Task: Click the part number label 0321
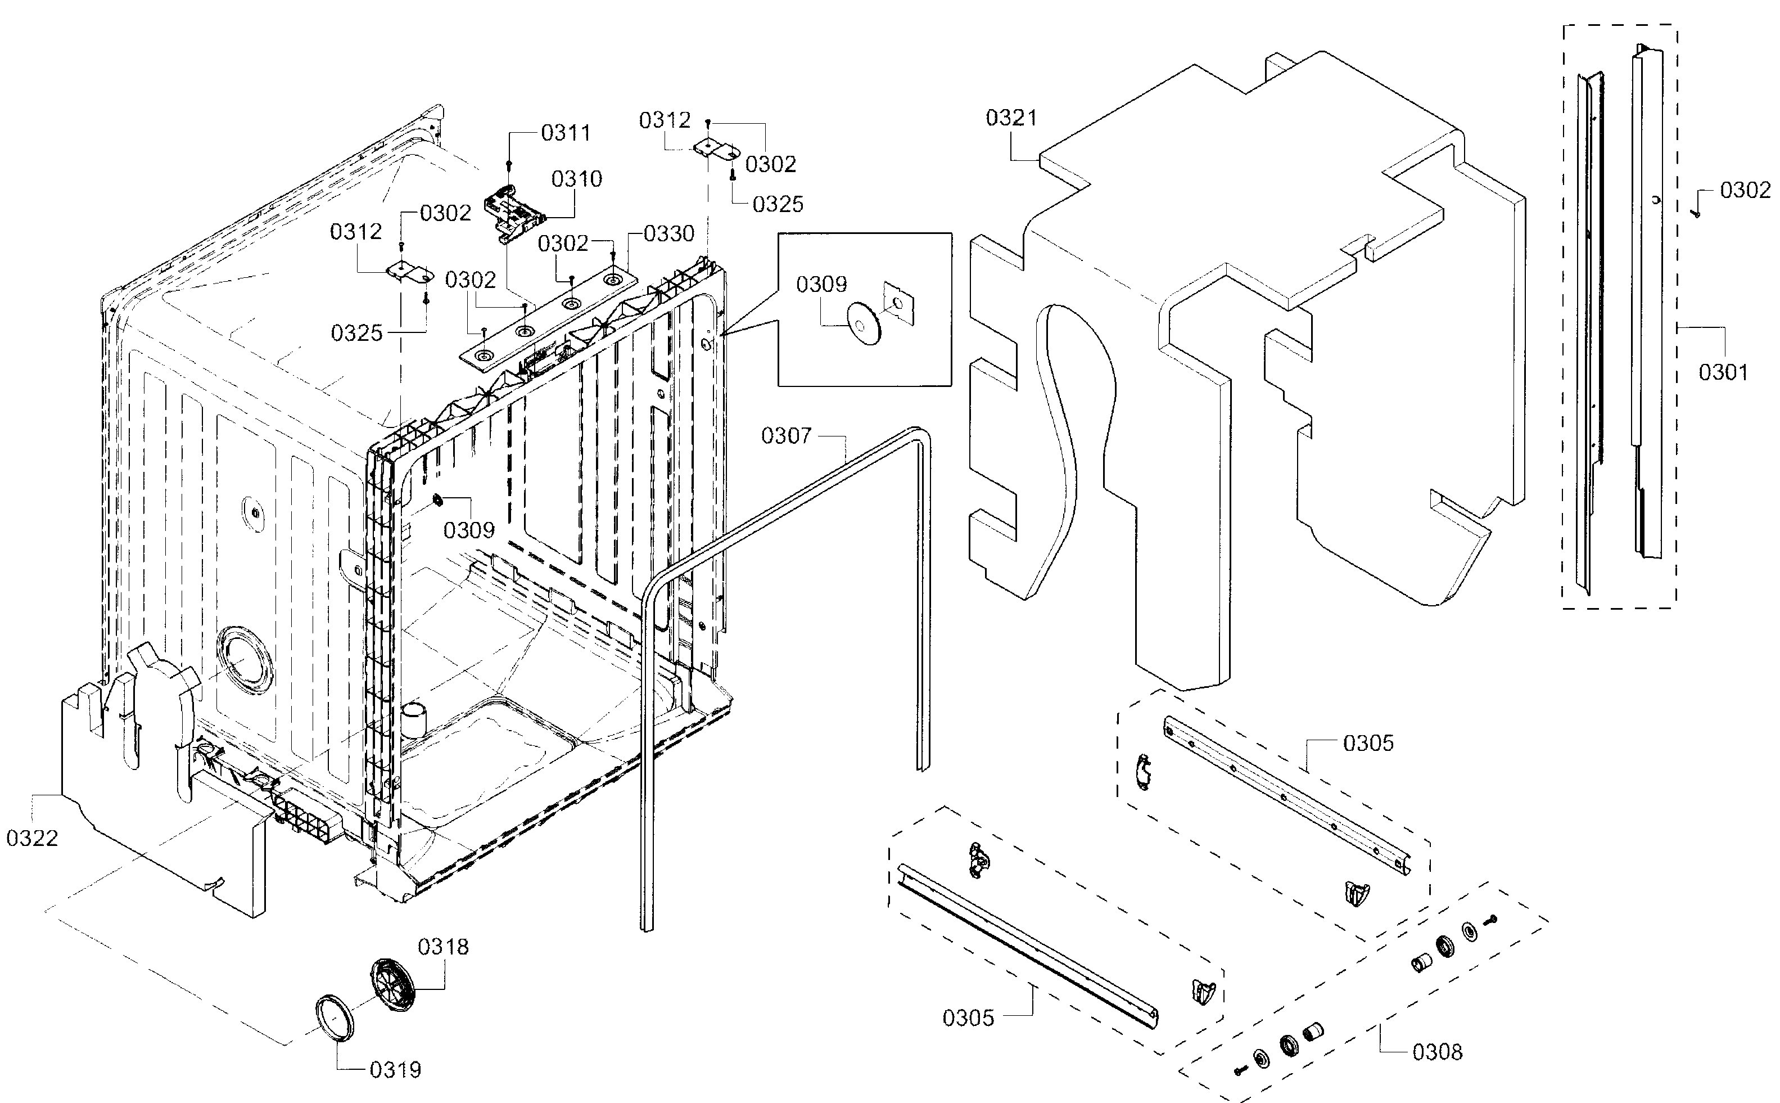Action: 1011,118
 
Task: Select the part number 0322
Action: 32,838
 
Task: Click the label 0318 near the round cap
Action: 442,947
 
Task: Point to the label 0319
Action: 395,1070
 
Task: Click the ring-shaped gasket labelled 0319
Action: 334,1016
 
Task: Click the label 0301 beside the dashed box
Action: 1723,373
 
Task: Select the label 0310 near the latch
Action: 577,179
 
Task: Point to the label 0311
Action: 566,133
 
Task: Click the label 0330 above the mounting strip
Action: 668,234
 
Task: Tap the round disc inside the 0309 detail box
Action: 864,325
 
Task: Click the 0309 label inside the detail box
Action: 821,285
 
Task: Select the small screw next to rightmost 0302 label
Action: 1697,212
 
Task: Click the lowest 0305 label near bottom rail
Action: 968,1018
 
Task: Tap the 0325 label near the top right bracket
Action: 778,204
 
